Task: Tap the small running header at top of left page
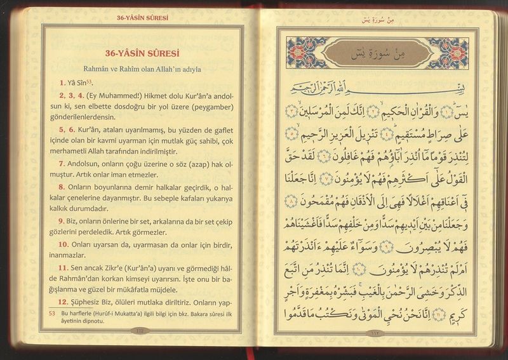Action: [x=138, y=18]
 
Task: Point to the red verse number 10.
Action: [x=63, y=244]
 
